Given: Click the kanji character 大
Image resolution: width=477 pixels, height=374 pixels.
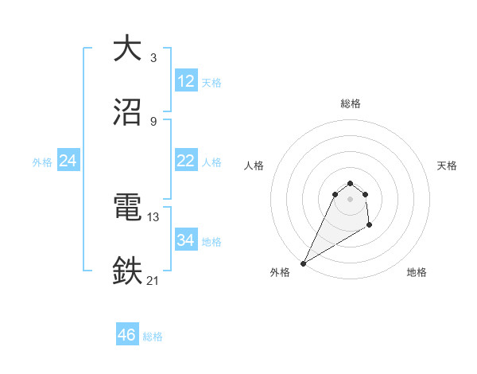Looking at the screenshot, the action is click(127, 49).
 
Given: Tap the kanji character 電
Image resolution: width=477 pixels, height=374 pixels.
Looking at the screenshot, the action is click(127, 208).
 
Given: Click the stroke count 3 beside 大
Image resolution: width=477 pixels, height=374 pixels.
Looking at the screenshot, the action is click(153, 58).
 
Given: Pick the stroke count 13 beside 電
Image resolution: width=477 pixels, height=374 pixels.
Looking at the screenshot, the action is click(153, 216).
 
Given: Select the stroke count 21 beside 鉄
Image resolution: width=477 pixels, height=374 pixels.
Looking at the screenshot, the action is click(153, 280).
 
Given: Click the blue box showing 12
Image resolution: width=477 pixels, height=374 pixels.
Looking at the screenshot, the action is click(186, 81).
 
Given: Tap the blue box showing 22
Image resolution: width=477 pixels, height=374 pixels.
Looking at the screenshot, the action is click(186, 161).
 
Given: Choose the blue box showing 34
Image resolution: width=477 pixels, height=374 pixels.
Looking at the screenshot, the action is click(186, 240).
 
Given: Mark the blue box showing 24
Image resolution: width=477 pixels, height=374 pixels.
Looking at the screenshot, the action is click(68, 161).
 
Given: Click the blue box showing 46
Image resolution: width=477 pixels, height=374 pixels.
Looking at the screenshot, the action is click(127, 335).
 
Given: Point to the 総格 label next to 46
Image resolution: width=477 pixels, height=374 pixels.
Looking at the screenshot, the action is click(153, 337).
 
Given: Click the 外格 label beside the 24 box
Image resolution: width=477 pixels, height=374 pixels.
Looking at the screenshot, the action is click(42, 162).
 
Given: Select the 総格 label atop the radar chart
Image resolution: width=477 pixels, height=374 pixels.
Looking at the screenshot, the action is click(351, 103).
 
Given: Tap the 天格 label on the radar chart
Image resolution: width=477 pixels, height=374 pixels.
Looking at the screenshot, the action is click(447, 166).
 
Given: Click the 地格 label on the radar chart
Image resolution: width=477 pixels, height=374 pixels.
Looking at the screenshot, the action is click(417, 272).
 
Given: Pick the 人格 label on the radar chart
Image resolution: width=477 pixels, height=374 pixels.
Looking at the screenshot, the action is click(254, 166).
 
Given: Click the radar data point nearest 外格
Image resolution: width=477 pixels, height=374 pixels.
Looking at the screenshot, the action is click(303, 263).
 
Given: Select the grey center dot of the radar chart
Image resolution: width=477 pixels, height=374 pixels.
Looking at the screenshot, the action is click(351, 198).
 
